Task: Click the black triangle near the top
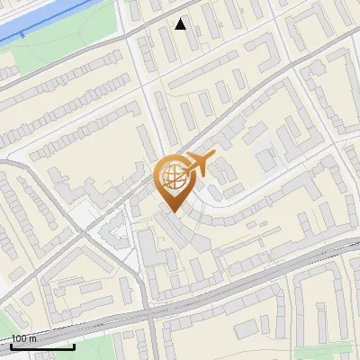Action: [x=181, y=24]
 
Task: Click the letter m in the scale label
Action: [x=34, y=339]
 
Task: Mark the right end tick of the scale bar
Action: [x=74, y=345]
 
